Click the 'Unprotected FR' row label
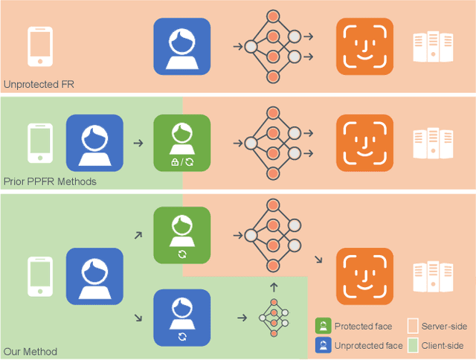pyautogui.click(x=39, y=85)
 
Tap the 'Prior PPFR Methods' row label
pyautogui.click(x=49, y=181)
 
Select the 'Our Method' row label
pyautogui.click(x=30, y=351)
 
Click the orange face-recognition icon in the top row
pyautogui.click(x=364, y=47)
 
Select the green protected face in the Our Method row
pyautogui.click(x=181, y=235)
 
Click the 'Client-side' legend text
pyautogui.click(x=443, y=345)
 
